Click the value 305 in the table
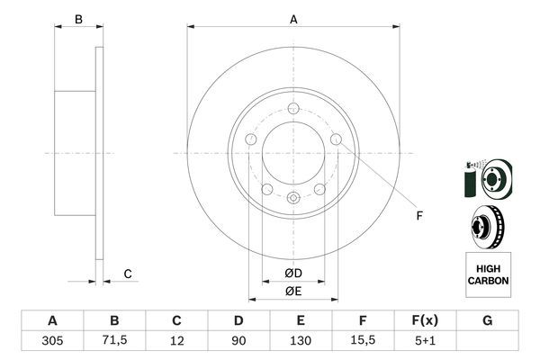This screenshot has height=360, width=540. point(52,342)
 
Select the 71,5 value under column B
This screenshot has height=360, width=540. point(114,342)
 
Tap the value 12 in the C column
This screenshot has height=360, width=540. point(176,342)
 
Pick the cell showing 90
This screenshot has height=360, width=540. point(238,342)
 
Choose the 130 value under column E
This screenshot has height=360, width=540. point(301,342)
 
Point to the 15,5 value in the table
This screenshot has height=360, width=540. point(362,342)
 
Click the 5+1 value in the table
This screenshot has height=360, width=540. point(424,342)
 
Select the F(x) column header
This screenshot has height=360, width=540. point(424,320)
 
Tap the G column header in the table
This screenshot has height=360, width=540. point(487,320)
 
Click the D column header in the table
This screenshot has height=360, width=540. point(238,320)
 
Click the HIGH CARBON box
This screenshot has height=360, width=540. point(488,274)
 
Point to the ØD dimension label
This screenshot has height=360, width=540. point(292,274)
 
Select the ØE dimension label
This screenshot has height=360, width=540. point(292,291)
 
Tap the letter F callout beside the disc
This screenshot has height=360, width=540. point(418,215)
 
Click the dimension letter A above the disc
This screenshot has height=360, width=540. point(293,19)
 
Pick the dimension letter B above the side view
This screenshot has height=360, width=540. point(78,19)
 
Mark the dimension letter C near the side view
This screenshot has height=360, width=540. point(128,274)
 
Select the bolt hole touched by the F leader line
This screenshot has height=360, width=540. point(336,139)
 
